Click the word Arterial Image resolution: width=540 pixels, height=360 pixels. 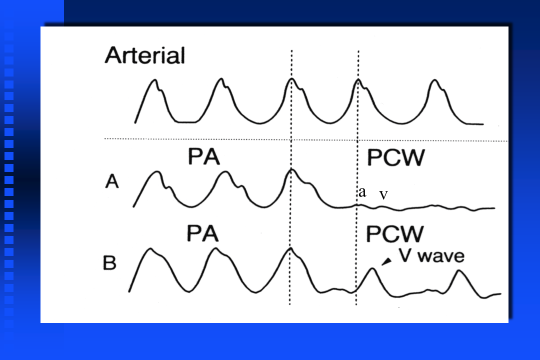(144, 55)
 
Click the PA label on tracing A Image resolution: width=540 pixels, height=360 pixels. (203, 157)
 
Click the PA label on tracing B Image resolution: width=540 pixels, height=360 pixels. (203, 233)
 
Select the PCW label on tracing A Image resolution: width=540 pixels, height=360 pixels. (395, 158)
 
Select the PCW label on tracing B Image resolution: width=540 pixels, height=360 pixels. (395, 233)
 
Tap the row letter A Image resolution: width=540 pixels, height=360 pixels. (112, 182)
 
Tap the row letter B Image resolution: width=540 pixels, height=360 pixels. (109, 262)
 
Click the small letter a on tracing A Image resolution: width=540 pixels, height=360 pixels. (362, 192)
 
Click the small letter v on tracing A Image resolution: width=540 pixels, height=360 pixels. (383, 194)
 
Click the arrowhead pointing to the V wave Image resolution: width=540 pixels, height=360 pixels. (386, 261)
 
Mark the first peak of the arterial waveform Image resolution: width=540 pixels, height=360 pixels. (155, 80)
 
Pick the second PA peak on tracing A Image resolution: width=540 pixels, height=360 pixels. (226, 172)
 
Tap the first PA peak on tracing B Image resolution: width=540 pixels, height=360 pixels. (149, 248)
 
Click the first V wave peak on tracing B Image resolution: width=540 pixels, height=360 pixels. (372, 269)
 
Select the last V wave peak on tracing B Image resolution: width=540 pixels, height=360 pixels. (459, 271)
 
